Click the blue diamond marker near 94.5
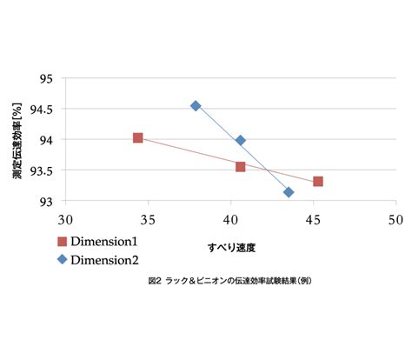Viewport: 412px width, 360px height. (x=196, y=106)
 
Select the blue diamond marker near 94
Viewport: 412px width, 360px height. (x=240, y=141)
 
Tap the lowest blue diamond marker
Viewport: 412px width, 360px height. (x=289, y=192)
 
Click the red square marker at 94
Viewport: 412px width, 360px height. (x=138, y=138)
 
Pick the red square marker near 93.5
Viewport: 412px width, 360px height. (x=240, y=167)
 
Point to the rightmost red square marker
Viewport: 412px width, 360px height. (x=318, y=182)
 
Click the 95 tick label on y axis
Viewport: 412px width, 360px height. (x=46, y=79)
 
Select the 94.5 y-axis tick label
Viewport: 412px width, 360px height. (x=42, y=110)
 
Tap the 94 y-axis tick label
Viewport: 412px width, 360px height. (x=46, y=141)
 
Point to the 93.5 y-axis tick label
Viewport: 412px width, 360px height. (x=42, y=171)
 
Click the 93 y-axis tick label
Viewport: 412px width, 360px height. (x=46, y=202)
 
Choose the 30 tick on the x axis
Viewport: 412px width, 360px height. (x=65, y=220)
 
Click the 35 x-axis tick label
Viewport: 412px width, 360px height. (x=148, y=220)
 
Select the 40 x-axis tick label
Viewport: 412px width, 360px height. (x=230, y=220)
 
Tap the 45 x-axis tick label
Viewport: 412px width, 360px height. (x=313, y=220)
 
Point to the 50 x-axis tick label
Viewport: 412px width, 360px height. (x=395, y=220)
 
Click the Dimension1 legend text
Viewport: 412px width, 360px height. (x=104, y=242)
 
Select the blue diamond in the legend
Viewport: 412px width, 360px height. (x=62, y=259)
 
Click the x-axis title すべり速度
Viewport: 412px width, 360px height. (x=231, y=248)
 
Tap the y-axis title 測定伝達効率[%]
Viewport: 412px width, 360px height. (x=17, y=141)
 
